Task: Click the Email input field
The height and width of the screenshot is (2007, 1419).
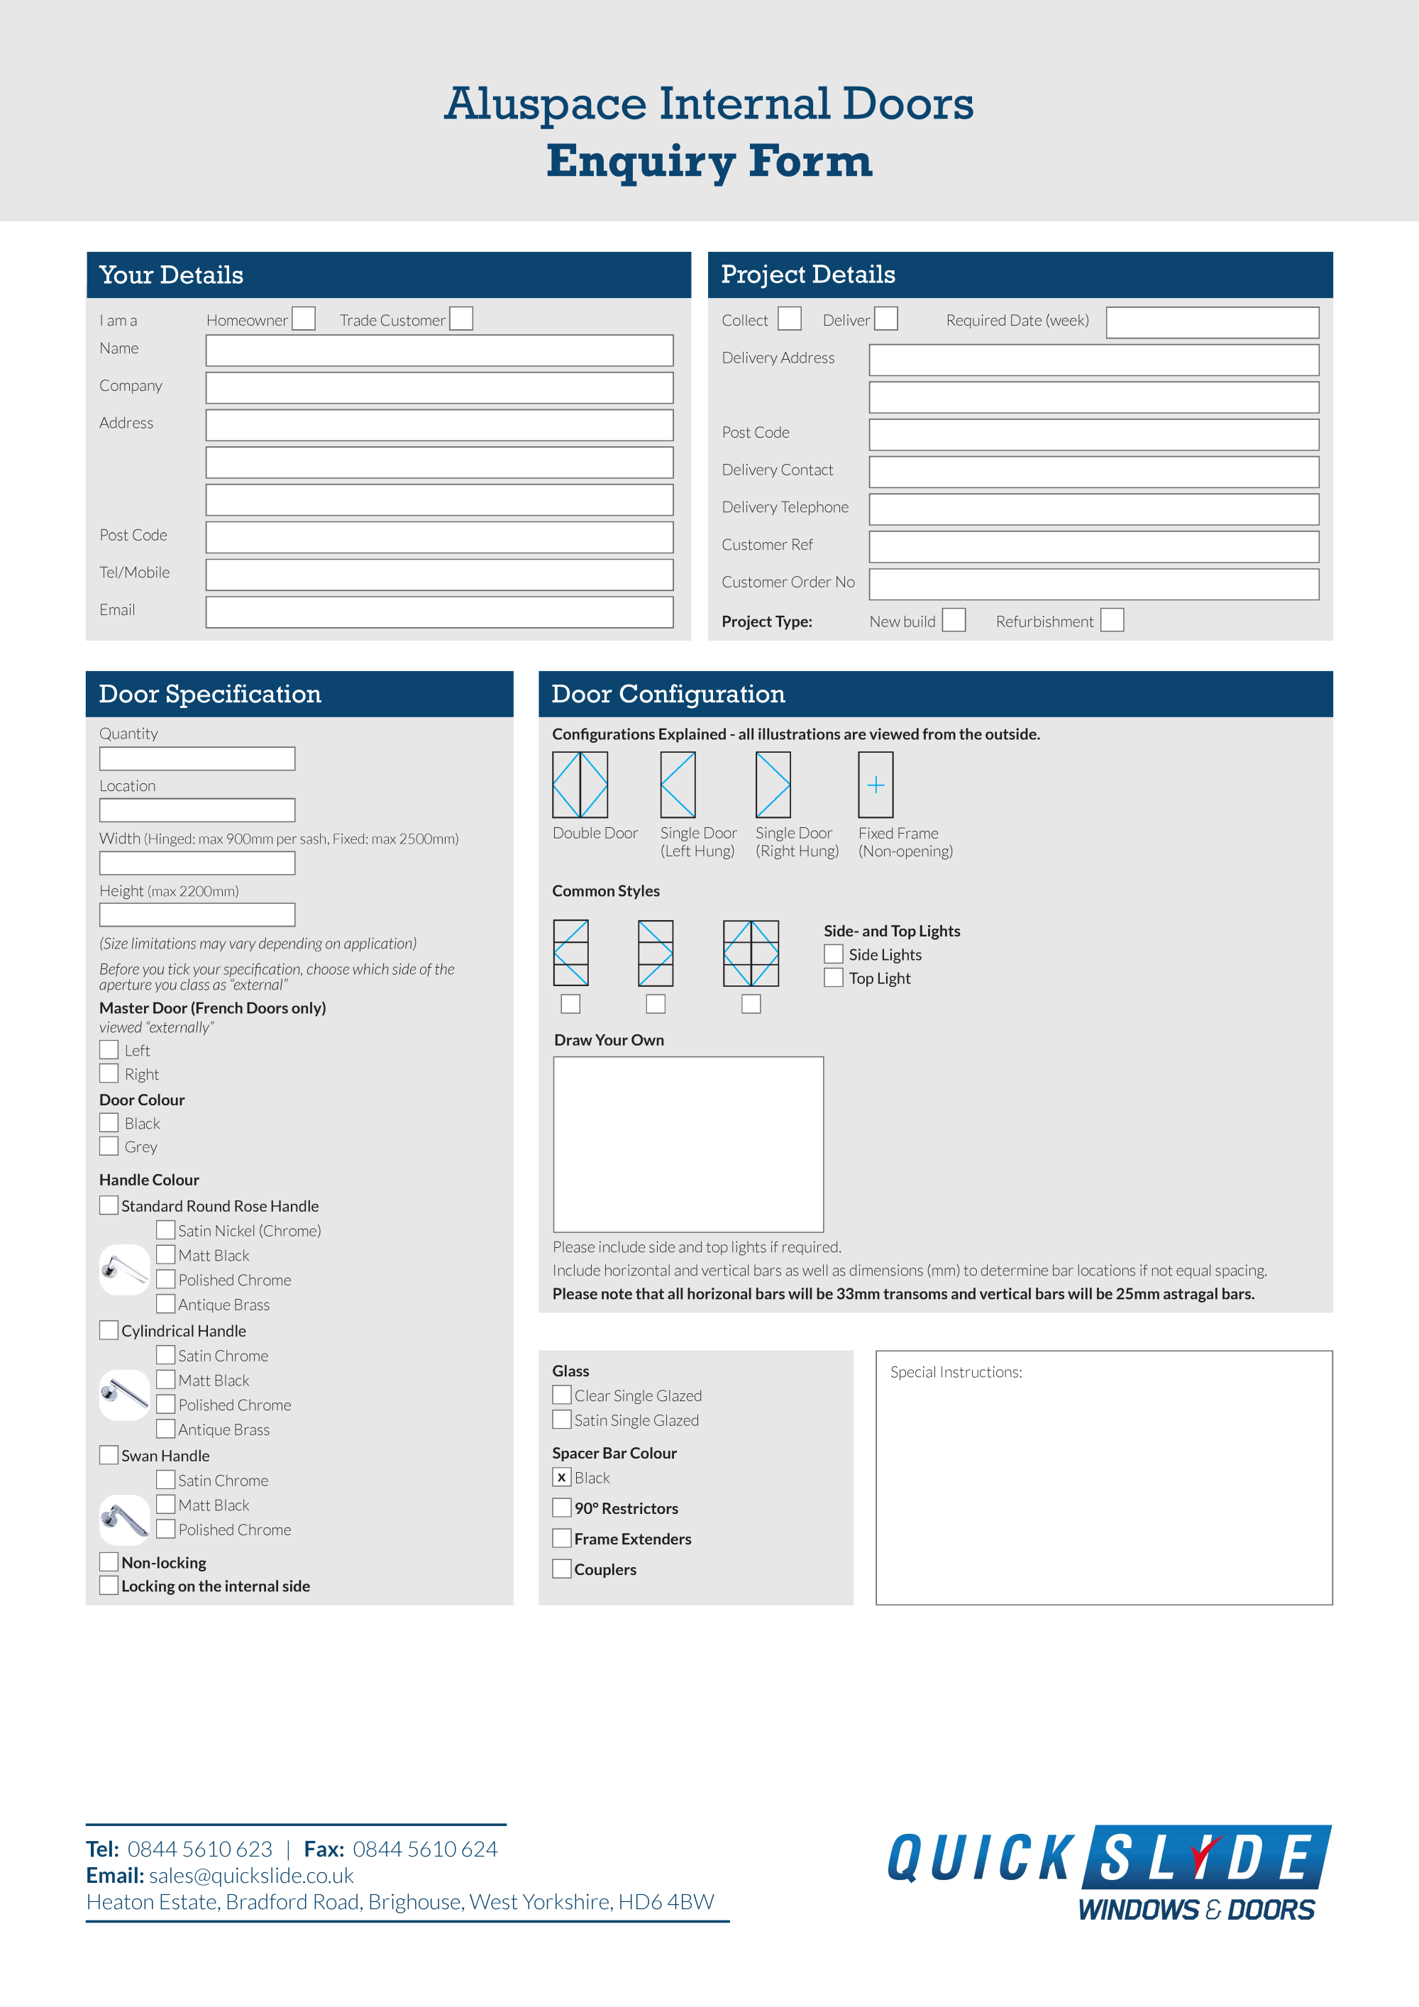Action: tap(439, 612)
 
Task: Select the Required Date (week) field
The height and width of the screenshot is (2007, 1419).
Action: tap(1212, 321)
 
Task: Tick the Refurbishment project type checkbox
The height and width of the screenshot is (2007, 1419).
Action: tap(1111, 620)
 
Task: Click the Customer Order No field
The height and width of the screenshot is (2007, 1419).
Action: tap(1093, 584)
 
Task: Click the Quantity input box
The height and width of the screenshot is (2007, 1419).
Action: tap(197, 758)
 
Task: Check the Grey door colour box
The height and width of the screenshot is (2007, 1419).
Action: tap(109, 1145)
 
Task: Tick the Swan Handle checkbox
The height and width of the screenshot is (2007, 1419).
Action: tap(109, 1454)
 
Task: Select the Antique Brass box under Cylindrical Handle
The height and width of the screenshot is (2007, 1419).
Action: tap(165, 1428)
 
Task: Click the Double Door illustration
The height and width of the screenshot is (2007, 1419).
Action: tap(580, 784)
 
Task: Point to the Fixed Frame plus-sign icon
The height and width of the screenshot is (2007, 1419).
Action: tap(876, 784)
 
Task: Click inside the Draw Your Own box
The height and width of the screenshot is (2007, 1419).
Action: tap(688, 1144)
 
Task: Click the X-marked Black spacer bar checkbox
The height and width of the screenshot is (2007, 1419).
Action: tap(562, 1477)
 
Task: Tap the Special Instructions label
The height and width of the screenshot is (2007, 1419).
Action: tap(956, 1372)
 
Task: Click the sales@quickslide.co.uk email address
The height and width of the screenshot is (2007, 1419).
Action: tap(251, 1875)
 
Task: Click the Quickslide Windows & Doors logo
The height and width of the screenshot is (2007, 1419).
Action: tap(1109, 1873)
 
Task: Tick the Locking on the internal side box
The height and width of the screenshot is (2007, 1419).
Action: tap(109, 1585)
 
